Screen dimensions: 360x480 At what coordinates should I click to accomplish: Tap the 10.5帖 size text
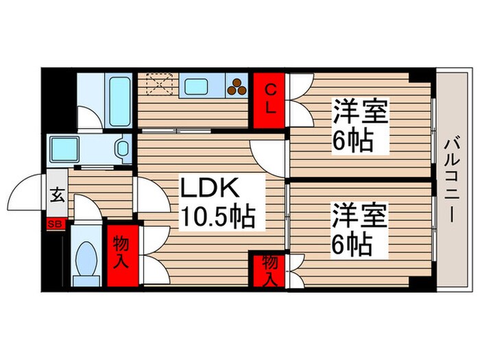point(217,217)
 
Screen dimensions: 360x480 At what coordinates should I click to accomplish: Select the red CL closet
point(270,100)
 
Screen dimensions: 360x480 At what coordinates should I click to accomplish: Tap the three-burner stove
point(237,87)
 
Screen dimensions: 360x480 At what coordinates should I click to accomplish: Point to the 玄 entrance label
point(57,195)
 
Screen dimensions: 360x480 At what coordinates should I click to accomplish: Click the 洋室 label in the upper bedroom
point(360,112)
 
